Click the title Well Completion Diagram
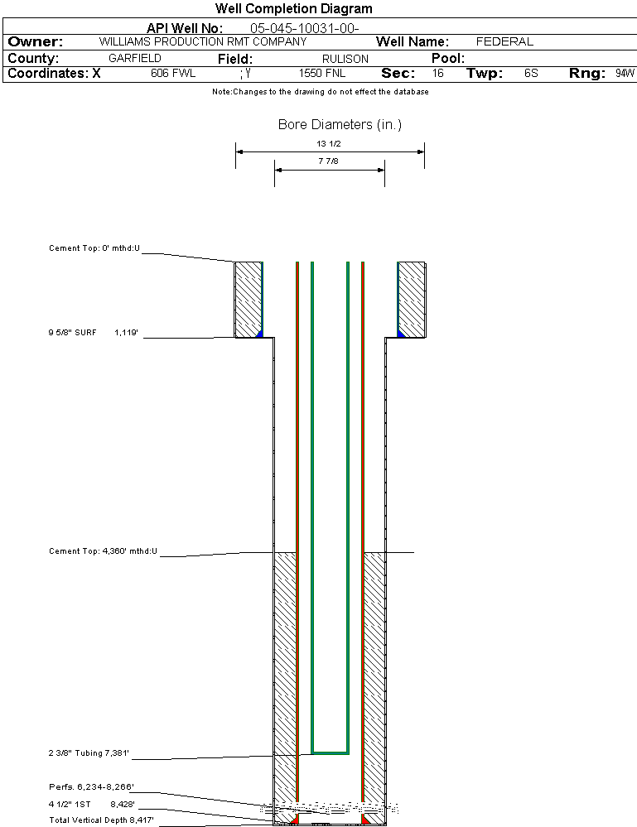tap(294, 9)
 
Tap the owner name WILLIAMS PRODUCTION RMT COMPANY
tap(202, 41)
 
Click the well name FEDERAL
tap(504, 41)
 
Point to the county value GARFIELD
tap(135, 59)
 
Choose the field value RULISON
tap(345, 59)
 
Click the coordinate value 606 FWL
tap(172, 74)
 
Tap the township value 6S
tap(531, 74)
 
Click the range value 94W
tap(625, 74)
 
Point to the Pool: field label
tap(448, 59)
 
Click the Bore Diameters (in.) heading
tap(340, 125)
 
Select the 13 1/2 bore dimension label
tap(329, 143)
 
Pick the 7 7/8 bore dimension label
tap(329, 161)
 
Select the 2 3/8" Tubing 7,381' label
tap(89, 753)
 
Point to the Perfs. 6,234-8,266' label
tap(91, 786)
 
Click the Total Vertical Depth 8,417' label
tap(101, 820)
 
